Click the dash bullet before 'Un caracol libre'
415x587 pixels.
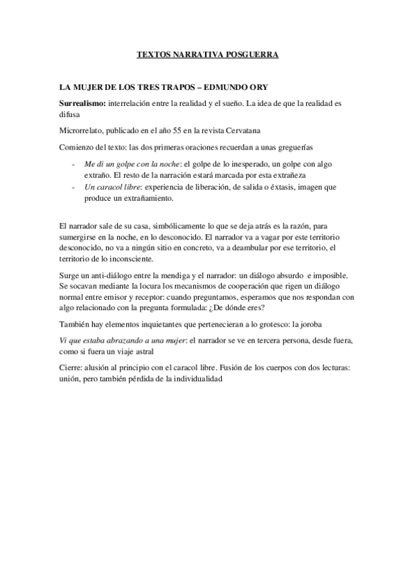[x=74, y=186]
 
